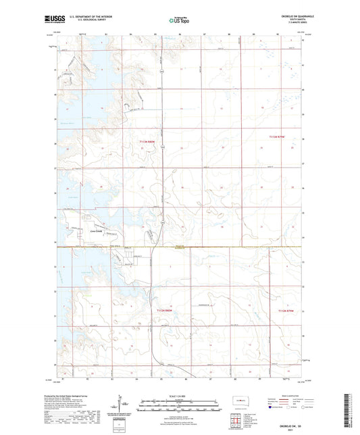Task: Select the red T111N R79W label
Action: pyautogui.click(x=287, y=310)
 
